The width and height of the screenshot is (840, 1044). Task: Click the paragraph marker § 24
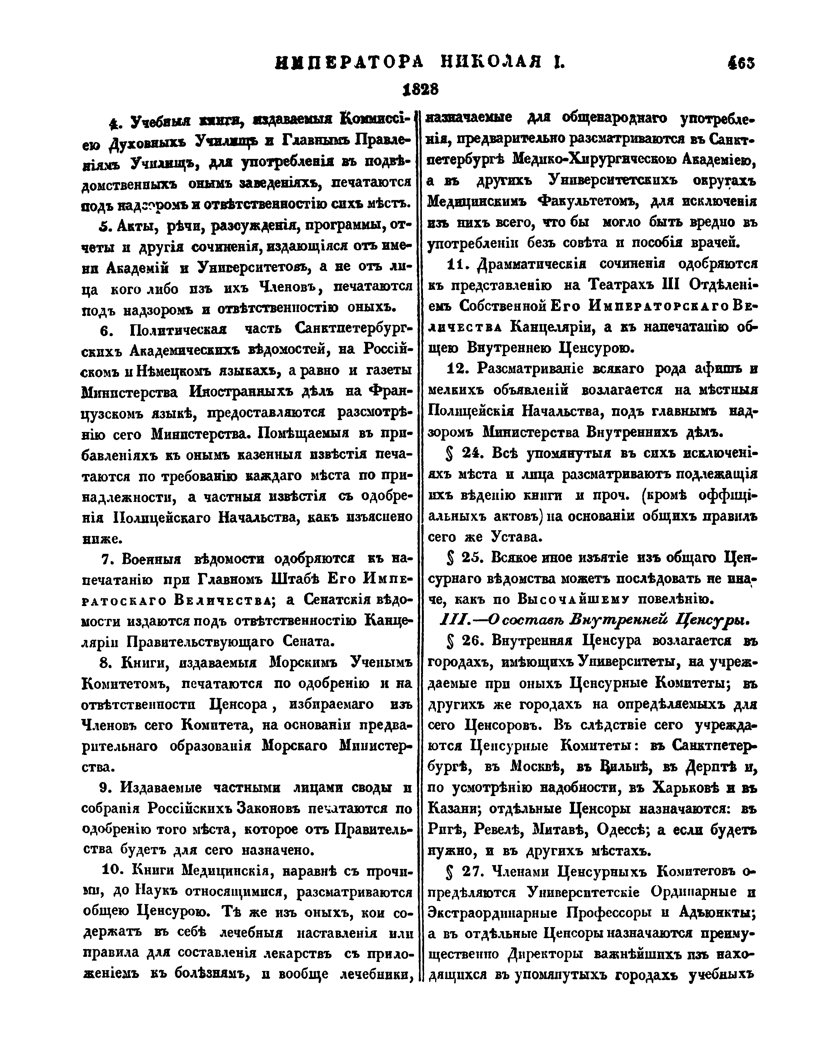(465, 453)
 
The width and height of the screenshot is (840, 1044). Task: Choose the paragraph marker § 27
(464, 871)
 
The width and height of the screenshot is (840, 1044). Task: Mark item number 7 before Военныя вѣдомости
(107, 559)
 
